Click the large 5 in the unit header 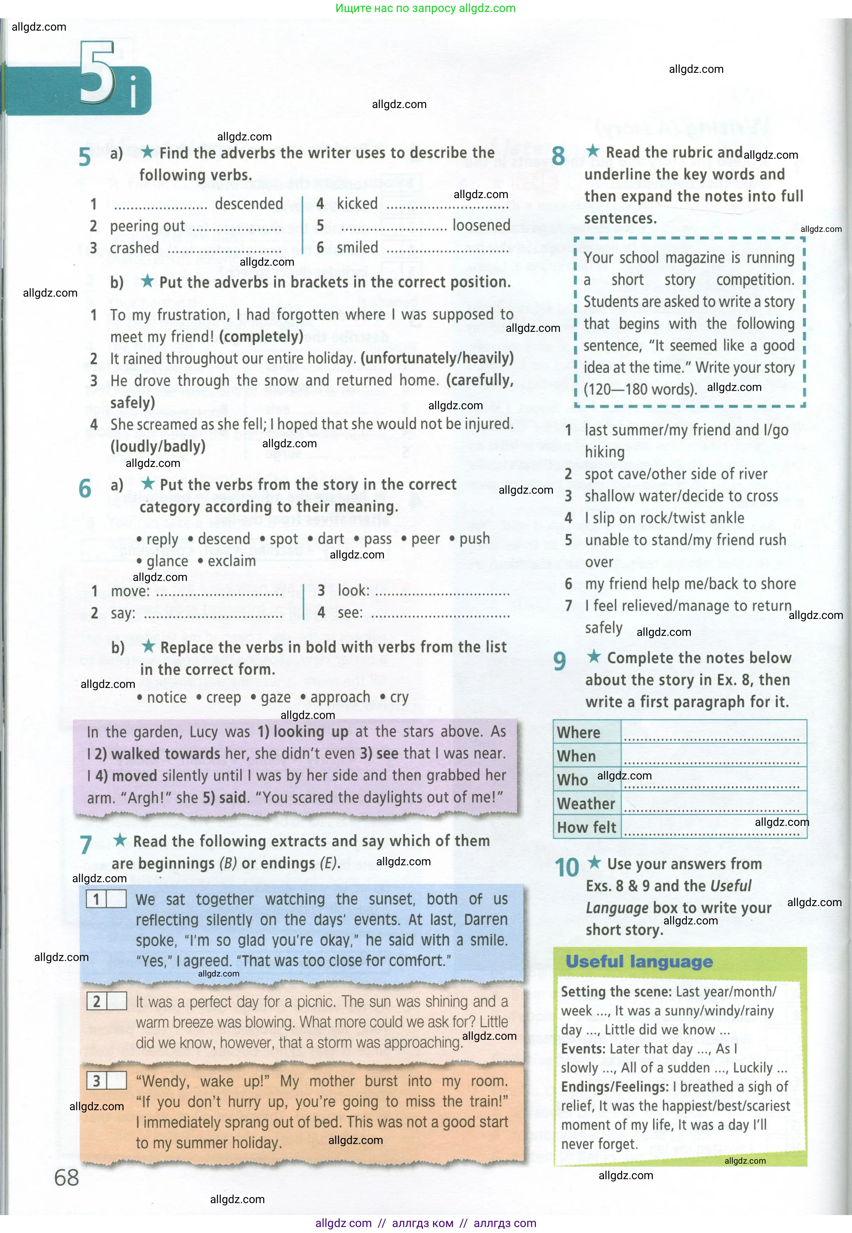pos(97,74)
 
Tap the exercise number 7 pos(86,845)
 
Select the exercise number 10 pos(566,867)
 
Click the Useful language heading pos(639,962)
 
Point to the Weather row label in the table pos(586,803)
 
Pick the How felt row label pos(586,827)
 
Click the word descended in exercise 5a pos(249,204)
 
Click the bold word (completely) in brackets pos(261,337)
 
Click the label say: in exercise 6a pos(123,613)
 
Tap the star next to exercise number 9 pos(594,657)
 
